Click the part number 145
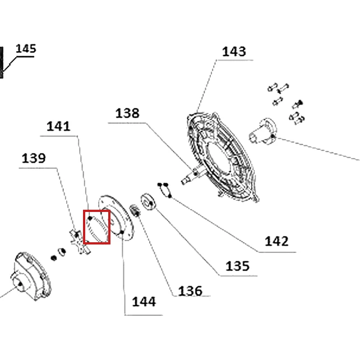click(26, 49)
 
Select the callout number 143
click(234, 52)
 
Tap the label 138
click(127, 113)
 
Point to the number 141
click(58, 126)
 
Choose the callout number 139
click(34, 158)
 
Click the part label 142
click(276, 241)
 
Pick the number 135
click(237, 266)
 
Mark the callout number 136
click(190, 291)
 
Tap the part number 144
click(144, 302)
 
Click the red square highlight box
click(84, 227)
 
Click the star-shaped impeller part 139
click(80, 242)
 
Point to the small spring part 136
click(135, 211)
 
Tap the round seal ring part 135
click(148, 201)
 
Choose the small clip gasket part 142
click(165, 190)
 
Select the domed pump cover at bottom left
click(30, 276)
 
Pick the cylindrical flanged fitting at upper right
click(263, 131)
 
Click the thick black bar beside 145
click(1, 62)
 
